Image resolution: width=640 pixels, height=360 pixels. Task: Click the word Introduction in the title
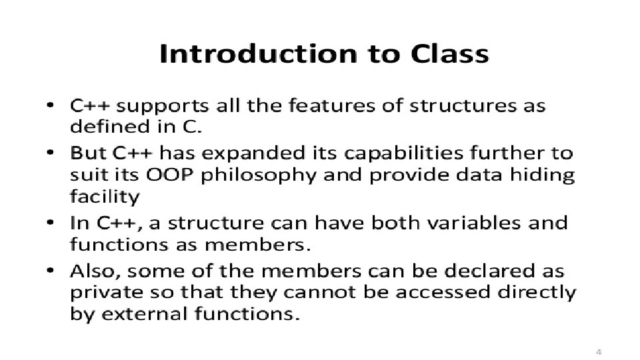coord(259,53)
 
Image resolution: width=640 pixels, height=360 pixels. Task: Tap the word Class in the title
coord(449,53)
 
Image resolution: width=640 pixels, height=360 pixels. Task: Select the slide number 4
coord(599,352)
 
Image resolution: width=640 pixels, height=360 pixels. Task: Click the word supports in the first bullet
coord(163,107)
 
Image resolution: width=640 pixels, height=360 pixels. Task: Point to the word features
coord(332,106)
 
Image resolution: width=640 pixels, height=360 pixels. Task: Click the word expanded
coord(253,154)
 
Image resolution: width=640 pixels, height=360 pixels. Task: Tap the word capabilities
coord(404,154)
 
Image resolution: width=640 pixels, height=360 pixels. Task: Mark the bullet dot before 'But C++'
coord(50,153)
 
